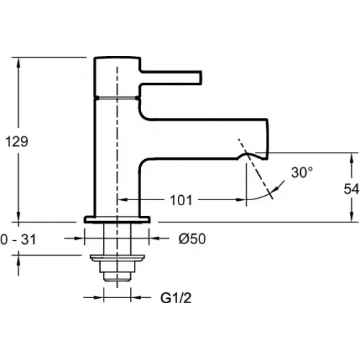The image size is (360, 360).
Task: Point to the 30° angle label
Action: (x=302, y=173)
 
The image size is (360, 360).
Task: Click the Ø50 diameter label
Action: (x=192, y=238)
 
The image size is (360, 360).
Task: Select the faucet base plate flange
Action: (x=117, y=218)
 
